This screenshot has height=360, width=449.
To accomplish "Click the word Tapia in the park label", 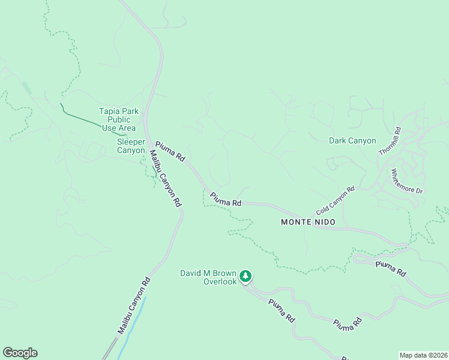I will [110, 111].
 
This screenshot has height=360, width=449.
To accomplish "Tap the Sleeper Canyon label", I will [131, 146].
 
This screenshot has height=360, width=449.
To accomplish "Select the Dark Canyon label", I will [352, 141].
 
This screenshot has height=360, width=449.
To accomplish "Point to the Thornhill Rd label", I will [390, 141].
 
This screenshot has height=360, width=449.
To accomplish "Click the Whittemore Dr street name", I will [408, 181].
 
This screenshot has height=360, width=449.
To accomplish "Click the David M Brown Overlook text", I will [208, 277].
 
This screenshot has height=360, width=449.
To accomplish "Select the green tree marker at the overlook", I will [245, 276].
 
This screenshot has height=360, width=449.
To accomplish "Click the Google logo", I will [20, 353].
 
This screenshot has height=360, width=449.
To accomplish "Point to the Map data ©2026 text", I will [423, 355].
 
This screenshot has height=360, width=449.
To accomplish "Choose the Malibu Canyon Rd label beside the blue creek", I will [133, 305].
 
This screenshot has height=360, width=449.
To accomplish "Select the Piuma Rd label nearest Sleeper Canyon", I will [170, 151].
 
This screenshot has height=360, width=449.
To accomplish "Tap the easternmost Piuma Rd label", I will [391, 269].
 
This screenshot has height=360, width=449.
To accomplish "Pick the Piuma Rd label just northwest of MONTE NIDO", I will [226, 199].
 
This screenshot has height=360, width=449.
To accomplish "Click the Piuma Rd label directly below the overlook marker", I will [282, 310].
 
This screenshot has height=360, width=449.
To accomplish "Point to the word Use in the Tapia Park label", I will [109, 128].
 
